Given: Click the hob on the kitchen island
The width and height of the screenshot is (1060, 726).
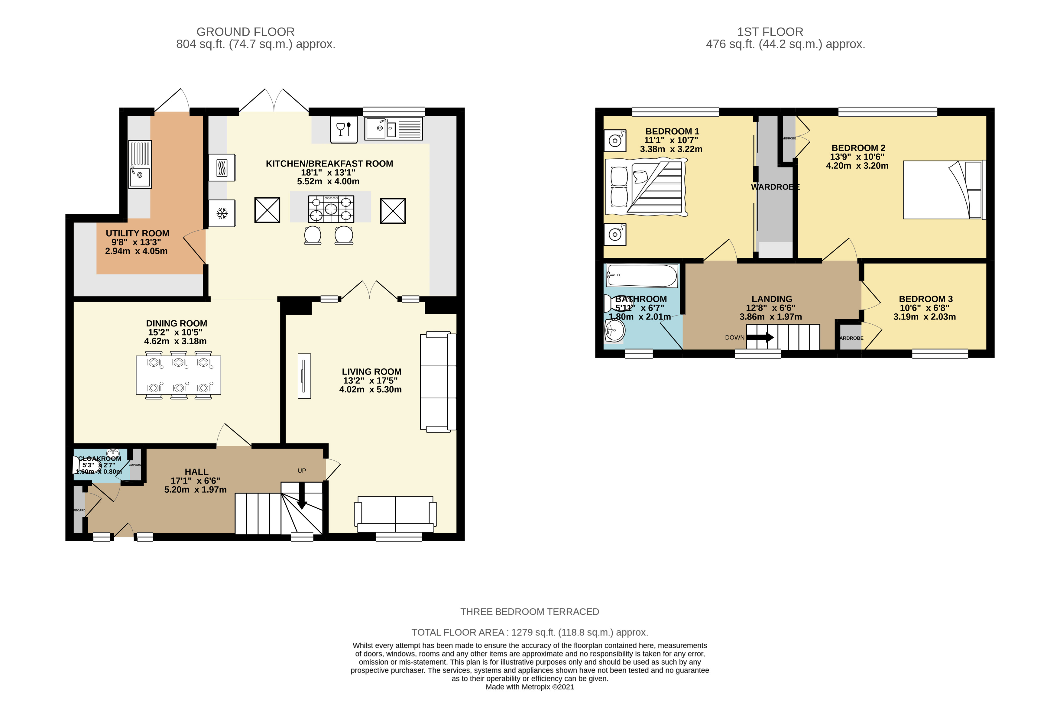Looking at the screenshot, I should (x=331, y=209).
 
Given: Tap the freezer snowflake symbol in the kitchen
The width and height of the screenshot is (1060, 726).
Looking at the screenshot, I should (x=222, y=213).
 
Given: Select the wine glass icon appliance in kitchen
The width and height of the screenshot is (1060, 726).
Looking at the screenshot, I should (x=343, y=129).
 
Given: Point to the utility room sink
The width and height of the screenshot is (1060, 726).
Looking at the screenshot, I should (x=140, y=164).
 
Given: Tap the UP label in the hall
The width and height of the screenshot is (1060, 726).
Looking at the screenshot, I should (x=301, y=471).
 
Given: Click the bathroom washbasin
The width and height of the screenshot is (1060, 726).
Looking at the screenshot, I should (x=614, y=330).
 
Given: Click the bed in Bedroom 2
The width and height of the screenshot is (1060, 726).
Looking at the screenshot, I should (x=943, y=190).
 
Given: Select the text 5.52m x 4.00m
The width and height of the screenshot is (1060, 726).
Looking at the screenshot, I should (x=328, y=181).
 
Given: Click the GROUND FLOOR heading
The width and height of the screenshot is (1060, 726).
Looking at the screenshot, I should (x=245, y=32).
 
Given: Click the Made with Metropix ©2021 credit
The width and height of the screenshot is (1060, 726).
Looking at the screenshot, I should (x=530, y=687).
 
